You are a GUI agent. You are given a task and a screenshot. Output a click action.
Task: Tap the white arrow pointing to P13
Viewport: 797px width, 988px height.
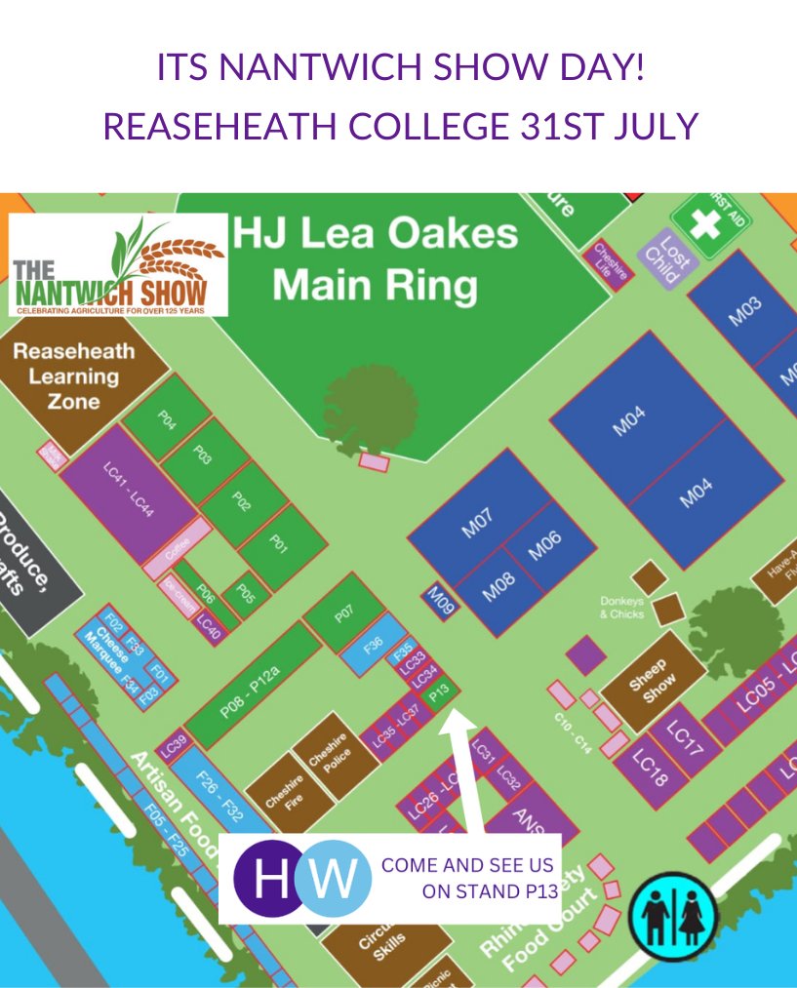tap(461, 771)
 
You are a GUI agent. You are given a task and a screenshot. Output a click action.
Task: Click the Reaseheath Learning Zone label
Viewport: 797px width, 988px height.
tap(74, 375)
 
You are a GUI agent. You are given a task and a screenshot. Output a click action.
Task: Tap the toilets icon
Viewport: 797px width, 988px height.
tap(673, 917)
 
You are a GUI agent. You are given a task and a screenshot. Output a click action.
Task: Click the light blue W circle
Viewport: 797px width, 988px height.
tap(334, 877)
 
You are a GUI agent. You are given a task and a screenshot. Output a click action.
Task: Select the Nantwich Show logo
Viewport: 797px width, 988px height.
tap(118, 265)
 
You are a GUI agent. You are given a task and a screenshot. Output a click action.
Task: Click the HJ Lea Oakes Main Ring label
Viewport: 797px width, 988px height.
tap(375, 259)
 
